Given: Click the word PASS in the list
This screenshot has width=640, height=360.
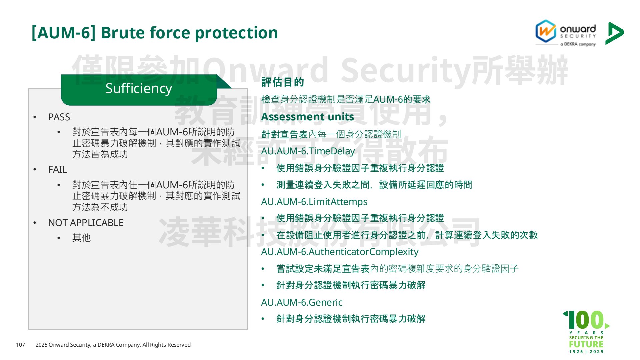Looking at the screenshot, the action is (59, 117).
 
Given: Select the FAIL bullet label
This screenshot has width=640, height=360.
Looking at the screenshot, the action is (57, 169).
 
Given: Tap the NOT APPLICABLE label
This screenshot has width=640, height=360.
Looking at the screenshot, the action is (86, 223).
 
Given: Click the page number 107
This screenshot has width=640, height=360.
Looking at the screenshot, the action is (20, 345).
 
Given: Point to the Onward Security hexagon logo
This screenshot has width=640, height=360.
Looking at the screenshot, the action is (546, 31).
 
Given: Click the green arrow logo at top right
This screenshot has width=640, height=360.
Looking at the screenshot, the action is (614, 33).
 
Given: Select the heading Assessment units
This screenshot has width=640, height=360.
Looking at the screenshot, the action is (307, 117).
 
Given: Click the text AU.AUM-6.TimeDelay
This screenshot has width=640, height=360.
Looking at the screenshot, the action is (308, 151).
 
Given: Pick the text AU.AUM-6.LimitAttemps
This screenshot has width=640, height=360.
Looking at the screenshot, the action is (314, 202).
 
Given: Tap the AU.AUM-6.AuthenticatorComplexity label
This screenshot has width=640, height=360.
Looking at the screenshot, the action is (340, 252).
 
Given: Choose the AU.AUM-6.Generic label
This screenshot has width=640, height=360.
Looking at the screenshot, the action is (302, 302).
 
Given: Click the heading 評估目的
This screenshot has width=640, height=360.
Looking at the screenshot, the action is (283, 82).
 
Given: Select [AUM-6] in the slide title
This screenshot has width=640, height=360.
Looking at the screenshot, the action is (63, 33).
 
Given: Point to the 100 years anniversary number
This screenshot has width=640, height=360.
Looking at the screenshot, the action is (586, 320).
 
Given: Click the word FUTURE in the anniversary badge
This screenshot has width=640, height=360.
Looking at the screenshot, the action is (586, 344).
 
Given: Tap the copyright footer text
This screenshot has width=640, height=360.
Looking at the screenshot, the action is (113, 345).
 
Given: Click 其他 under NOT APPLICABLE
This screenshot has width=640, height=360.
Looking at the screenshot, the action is (81, 238).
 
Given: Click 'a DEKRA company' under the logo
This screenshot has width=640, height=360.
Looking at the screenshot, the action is (578, 44).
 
